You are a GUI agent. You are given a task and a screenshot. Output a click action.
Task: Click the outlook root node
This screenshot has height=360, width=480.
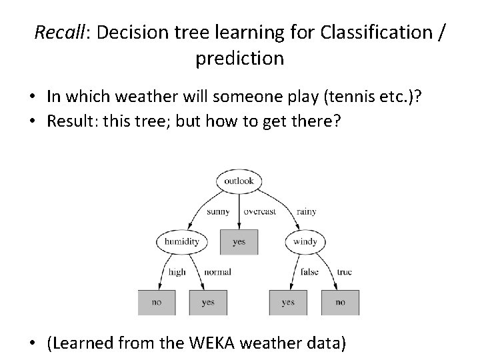point(239,181)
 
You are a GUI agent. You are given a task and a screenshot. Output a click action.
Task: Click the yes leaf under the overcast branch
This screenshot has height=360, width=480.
point(239,241)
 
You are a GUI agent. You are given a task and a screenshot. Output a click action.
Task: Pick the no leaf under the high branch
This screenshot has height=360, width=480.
point(157,302)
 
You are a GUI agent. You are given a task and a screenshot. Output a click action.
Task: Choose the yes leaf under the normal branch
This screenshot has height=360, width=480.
point(208,302)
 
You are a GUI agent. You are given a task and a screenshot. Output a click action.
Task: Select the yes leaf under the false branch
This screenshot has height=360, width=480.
point(288,302)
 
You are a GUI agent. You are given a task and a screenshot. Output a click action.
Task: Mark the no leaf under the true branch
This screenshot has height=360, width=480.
point(340,302)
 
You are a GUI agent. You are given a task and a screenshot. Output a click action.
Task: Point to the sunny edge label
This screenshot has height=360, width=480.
point(218,212)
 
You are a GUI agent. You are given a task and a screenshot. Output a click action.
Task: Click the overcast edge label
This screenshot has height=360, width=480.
point(259,212)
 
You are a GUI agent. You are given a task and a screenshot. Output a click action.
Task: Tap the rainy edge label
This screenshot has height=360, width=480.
point(306,212)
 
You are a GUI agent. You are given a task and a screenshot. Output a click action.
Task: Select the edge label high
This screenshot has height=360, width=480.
point(177,272)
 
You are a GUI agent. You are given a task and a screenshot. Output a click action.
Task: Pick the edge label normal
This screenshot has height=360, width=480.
point(217,272)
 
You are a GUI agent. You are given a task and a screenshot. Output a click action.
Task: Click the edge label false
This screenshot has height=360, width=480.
point(309,272)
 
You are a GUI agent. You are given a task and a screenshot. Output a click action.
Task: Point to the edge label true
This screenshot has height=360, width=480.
point(344,272)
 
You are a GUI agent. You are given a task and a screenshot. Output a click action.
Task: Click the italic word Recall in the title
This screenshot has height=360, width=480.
point(56,31)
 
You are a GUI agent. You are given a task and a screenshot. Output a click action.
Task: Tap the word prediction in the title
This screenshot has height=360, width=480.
point(239,58)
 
